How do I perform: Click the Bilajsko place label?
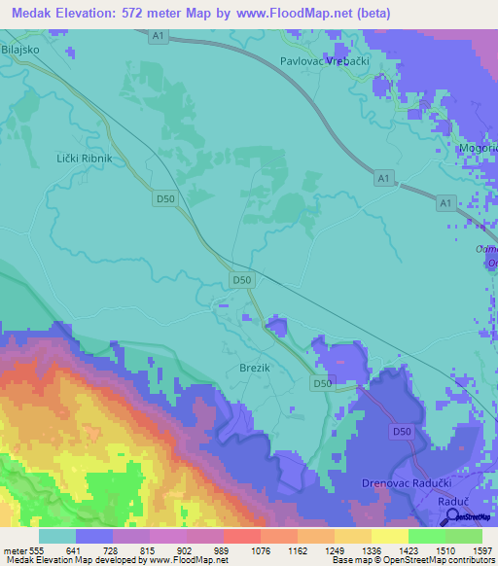click(19, 47)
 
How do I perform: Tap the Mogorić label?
click(479, 148)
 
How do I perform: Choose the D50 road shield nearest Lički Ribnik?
click(165, 198)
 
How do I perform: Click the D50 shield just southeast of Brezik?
click(323, 384)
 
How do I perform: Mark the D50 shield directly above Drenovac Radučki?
click(401, 431)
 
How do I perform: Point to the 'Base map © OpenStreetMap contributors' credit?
click(412, 560)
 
